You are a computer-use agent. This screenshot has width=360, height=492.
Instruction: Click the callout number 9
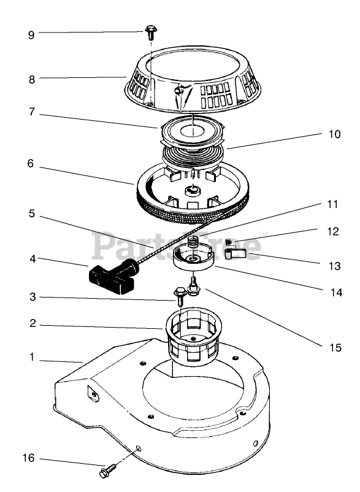pyautogui.click(x=31, y=35)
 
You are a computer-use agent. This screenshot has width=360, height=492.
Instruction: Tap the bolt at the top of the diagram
pyautogui.click(x=151, y=33)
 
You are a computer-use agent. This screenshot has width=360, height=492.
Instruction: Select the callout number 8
pyautogui.click(x=32, y=79)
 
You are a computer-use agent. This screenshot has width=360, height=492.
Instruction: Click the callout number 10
pyautogui.click(x=335, y=134)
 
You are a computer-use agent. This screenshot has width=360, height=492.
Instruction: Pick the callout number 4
pyautogui.click(x=33, y=259)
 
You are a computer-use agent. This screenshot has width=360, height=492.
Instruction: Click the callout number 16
pyautogui.click(x=29, y=458)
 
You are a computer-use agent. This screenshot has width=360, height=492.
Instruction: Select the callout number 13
pyautogui.click(x=335, y=266)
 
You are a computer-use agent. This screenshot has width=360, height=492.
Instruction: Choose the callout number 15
pyautogui.click(x=335, y=348)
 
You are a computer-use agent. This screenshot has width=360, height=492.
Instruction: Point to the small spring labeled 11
pyautogui.click(x=193, y=242)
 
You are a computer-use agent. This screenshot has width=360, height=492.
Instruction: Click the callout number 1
pyautogui.click(x=32, y=357)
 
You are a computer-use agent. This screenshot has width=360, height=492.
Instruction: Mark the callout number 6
pyautogui.click(x=30, y=163)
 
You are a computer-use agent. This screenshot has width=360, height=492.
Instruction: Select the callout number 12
pyautogui.click(x=333, y=231)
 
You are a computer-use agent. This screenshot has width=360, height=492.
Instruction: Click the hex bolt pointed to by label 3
pyautogui.click(x=180, y=296)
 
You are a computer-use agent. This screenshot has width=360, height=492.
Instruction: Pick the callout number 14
pyautogui.click(x=336, y=293)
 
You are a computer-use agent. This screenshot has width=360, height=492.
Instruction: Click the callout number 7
pyautogui.click(x=31, y=112)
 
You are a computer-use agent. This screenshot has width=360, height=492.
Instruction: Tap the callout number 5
pyautogui.click(x=32, y=213)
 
